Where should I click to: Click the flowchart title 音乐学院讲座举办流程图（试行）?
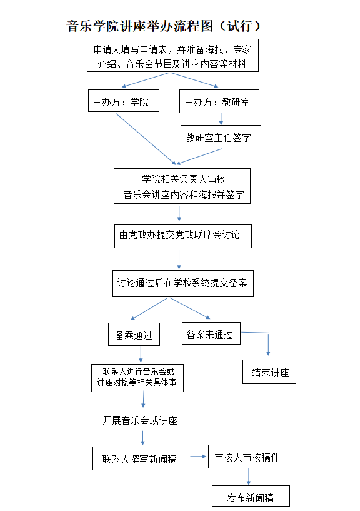(x=164, y=26)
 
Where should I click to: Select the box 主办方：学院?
(x=124, y=101)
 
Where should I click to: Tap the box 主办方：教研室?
(x=219, y=101)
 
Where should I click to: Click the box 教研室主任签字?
(x=221, y=137)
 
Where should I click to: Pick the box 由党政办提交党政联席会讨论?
(x=183, y=236)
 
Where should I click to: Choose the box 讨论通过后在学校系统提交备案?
(x=183, y=283)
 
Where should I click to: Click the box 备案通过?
(x=134, y=335)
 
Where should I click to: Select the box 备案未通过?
(x=211, y=333)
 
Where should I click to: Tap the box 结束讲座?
(x=269, y=372)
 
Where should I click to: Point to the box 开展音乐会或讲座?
(x=138, y=419)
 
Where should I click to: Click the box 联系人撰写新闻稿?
(x=139, y=458)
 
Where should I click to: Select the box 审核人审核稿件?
(x=247, y=457)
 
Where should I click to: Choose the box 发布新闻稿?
(x=251, y=496)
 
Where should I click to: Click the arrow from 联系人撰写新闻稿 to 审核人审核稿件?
(x=198, y=457)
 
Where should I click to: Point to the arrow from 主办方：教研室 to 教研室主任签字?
(x=221, y=119)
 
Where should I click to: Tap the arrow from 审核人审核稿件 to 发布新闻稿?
(x=249, y=477)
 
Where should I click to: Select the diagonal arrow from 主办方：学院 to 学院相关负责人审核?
(x=146, y=139)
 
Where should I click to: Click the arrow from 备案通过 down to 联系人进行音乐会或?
(x=141, y=354)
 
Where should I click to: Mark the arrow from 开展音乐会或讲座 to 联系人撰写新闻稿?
(x=142, y=438)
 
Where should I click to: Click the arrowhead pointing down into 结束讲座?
(x=268, y=353)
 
